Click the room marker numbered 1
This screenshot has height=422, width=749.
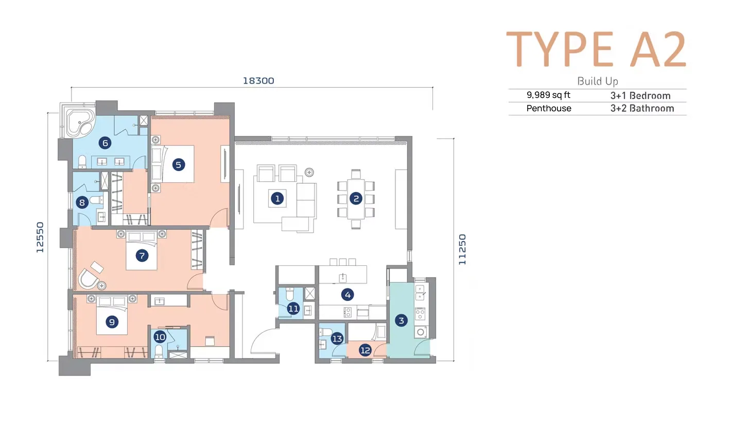click(x=277, y=198)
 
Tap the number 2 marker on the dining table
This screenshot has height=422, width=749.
click(x=356, y=198)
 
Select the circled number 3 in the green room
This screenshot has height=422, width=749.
click(x=401, y=320)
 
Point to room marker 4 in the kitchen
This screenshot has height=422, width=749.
click(x=347, y=295)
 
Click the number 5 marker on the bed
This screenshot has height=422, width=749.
click(x=178, y=164)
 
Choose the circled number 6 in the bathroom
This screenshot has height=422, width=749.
click(x=105, y=143)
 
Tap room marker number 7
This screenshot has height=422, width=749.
click(x=142, y=256)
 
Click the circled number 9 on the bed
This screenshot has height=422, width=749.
click(x=112, y=322)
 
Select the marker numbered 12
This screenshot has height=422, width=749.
click(x=365, y=350)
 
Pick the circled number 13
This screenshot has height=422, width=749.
click(x=337, y=339)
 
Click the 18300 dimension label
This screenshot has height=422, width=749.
click(x=258, y=81)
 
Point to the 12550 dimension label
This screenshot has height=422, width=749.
click(x=40, y=237)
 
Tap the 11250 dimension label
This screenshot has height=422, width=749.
click(x=462, y=249)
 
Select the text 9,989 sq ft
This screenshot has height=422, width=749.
click(x=548, y=95)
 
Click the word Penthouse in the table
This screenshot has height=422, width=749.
click(x=549, y=108)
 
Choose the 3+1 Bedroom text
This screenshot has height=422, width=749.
click(x=640, y=96)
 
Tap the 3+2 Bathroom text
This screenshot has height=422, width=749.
click(x=642, y=108)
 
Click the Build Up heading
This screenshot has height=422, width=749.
click(x=598, y=81)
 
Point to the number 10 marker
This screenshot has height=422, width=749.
click(x=160, y=336)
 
